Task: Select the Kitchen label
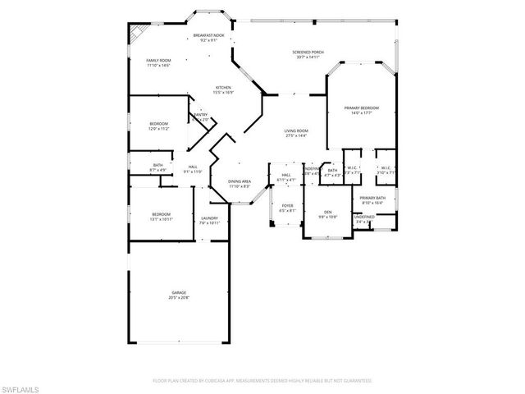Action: (223, 87)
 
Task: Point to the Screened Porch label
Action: (308, 52)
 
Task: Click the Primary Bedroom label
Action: (361, 108)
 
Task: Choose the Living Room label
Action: (295, 131)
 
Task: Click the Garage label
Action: (179, 293)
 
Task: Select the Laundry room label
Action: (209, 218)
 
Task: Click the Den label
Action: (327, 212)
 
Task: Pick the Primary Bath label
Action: (372, 199)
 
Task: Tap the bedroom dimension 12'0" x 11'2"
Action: (158, 129)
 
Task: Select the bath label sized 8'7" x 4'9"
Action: (158, 170)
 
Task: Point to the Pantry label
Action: (199, 116)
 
